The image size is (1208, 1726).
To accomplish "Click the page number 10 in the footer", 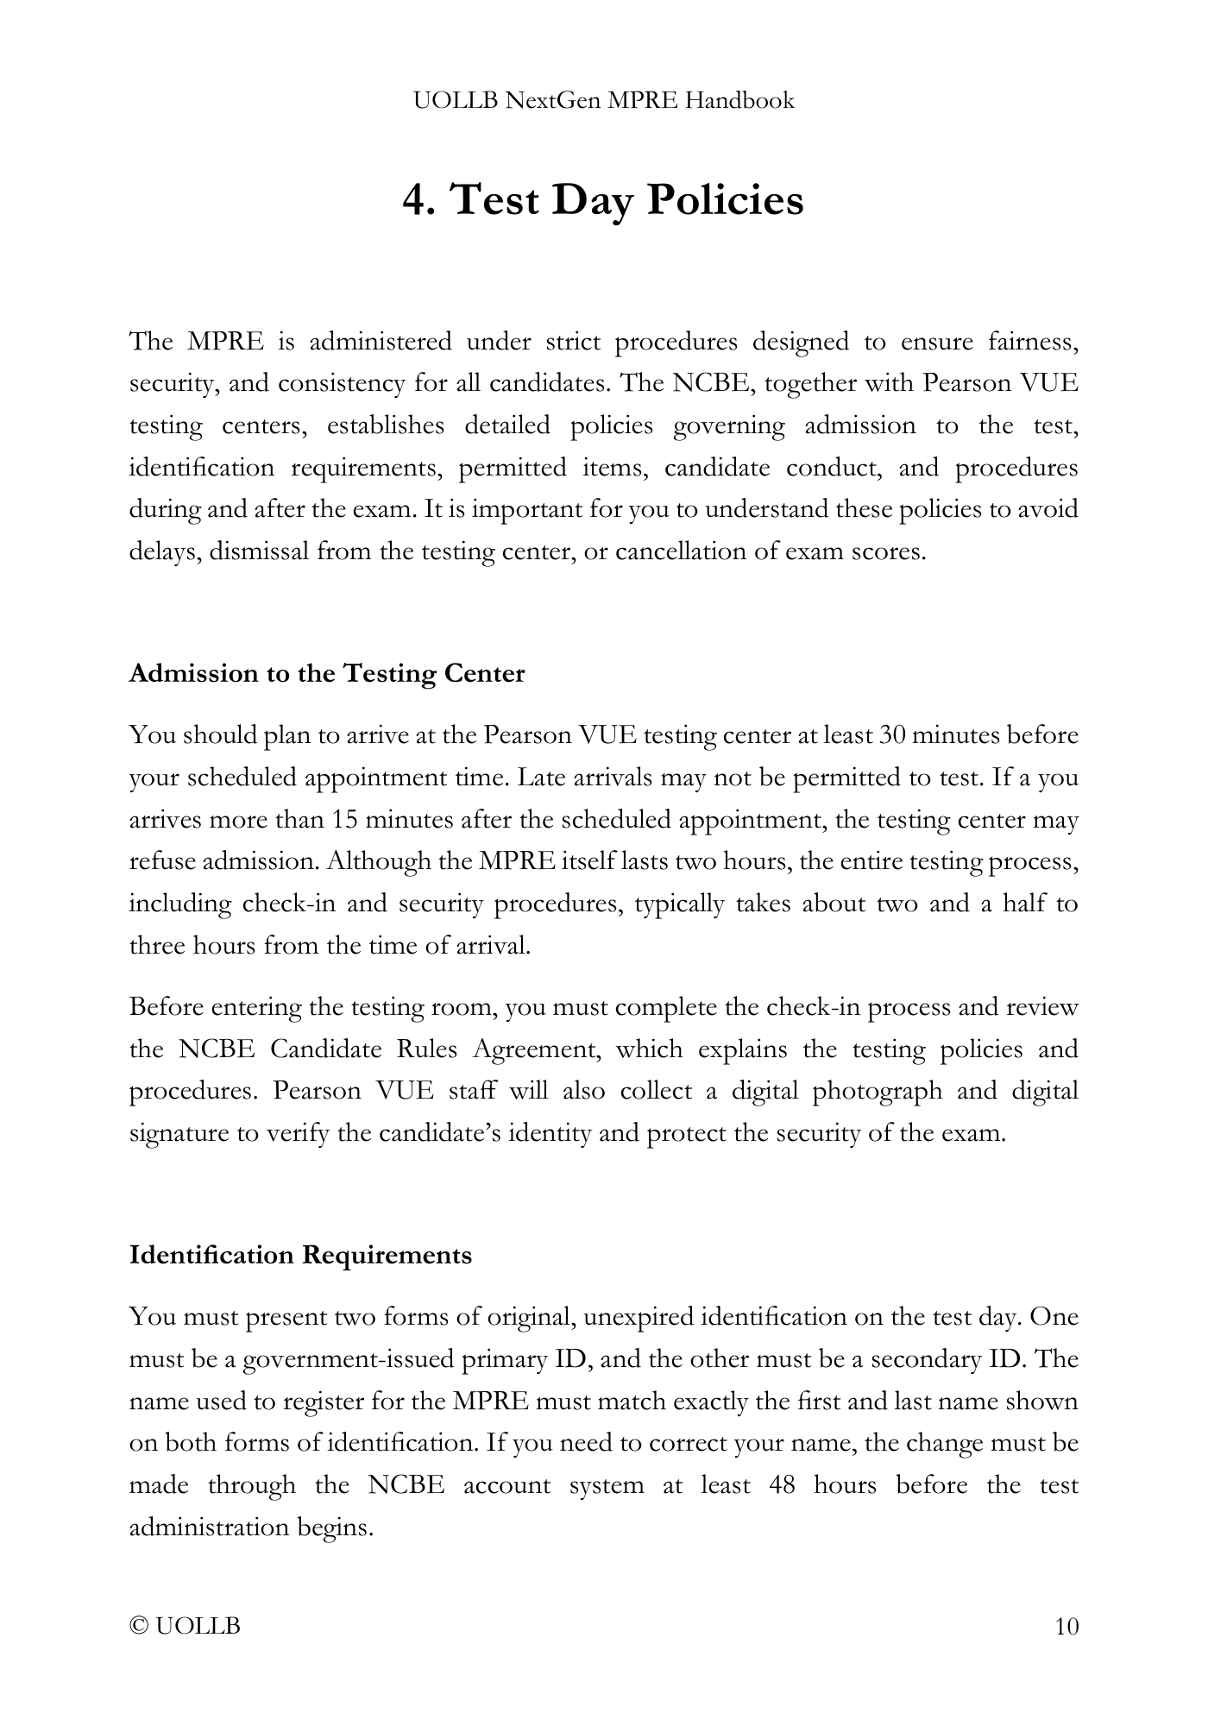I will tap(1066, 1627).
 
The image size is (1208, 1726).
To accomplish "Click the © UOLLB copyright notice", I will tap(185, 1627).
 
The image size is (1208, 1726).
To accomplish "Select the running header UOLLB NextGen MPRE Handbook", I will tap(603, 101).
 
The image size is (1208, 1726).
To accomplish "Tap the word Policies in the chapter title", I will tap(725, 200).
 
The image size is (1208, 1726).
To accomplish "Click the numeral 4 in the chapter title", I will tap(415, 200).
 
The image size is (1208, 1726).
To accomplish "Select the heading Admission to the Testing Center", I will tap(326, 673).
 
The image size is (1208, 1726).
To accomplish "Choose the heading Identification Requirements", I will tap(300, 1255).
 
